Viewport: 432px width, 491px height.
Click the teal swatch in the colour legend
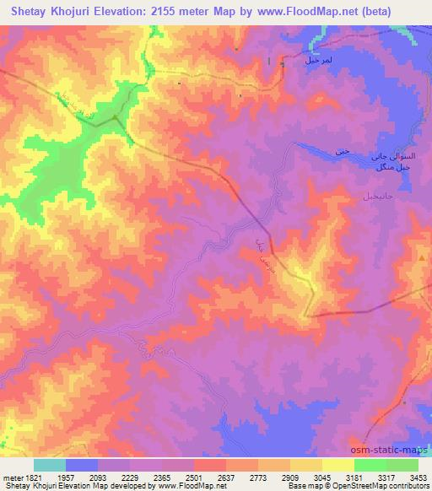[49, 465]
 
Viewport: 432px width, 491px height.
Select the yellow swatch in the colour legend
[337, 465]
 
